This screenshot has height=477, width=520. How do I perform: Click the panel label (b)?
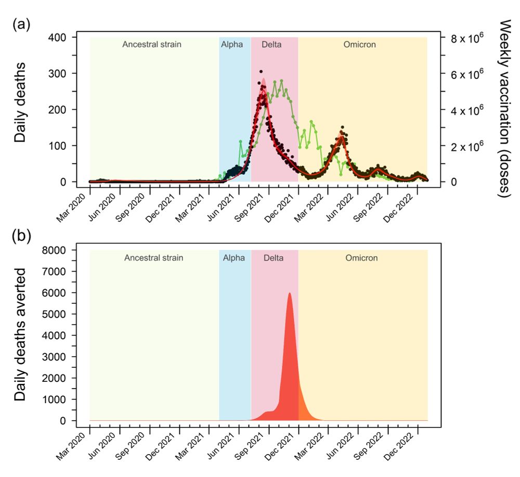[21, 237]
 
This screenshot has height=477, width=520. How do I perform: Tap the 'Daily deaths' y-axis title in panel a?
[21, 109]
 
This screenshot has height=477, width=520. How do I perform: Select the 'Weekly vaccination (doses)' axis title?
[503, 109]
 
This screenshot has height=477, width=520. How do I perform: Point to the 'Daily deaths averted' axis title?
[21, 335]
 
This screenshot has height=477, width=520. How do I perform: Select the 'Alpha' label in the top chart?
[232, 44]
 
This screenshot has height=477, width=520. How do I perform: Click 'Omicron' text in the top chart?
[359, 44]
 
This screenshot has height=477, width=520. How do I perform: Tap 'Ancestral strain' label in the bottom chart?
[153, 257]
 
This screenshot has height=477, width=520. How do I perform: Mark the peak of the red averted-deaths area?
[289, 294]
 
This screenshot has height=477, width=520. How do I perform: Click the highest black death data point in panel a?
[261, 72]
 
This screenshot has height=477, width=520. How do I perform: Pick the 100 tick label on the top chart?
[60, 146]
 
